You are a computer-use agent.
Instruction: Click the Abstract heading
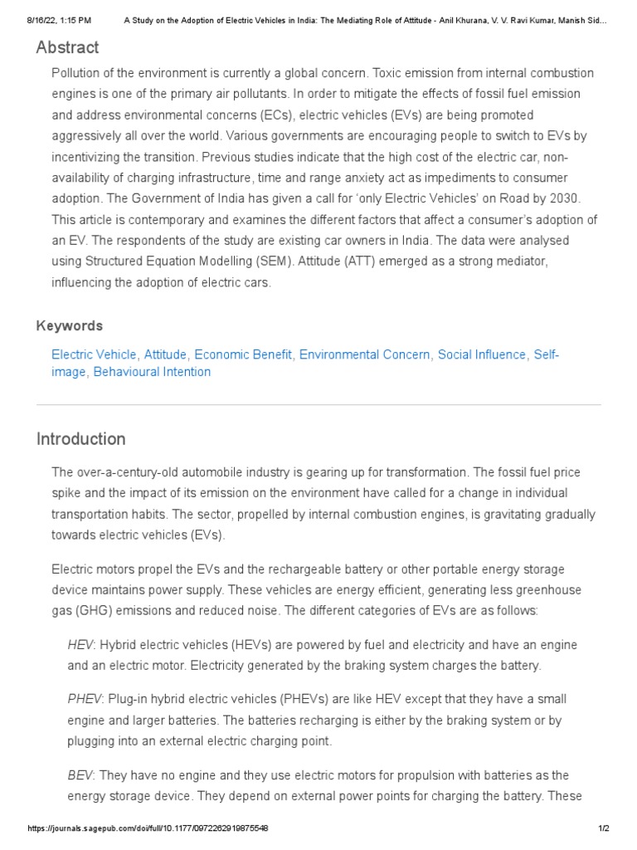click(x=67, y=47)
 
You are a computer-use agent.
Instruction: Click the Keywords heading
click(x=70, y=325)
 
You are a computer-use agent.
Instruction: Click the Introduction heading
click(x=81, y=439)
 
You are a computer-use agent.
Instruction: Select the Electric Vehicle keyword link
click(x=95, y=354)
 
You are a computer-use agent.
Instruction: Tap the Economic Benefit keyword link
click(x=243, y=354)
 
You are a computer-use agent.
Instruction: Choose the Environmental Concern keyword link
click(x=365, y=354)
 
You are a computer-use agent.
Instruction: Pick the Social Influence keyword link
click(x=482, y=354)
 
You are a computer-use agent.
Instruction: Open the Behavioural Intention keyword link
click(x=152, y=372)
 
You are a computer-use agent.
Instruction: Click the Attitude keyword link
click(x=166, y=354)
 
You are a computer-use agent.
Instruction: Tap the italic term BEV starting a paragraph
click(x=80, y=774)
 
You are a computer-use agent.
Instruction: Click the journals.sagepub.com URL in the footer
click(x=148, y=828)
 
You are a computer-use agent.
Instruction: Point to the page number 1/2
click(x=603, y=828)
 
